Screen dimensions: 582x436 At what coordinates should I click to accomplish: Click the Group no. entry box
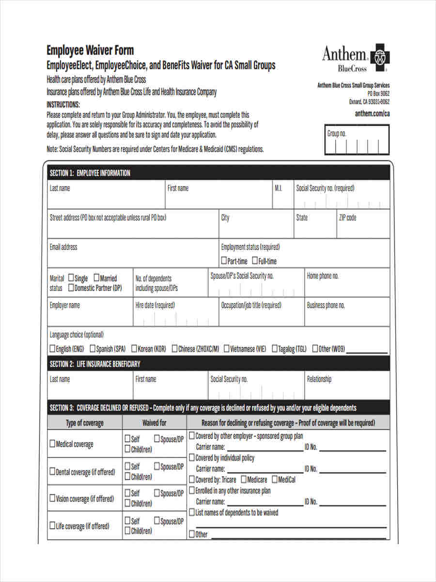tap(357, 140)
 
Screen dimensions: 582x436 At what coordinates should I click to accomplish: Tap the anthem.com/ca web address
tap(372, 113)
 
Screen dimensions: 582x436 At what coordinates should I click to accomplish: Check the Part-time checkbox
tap(224, 261)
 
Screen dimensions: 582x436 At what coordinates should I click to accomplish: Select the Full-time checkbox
tap(255, 261)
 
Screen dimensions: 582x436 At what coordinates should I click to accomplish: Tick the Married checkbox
tap(96, 278)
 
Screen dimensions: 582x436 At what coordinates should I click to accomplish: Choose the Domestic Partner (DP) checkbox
tap(71, 288)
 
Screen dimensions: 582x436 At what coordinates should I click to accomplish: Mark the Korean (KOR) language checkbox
tap(134, 348)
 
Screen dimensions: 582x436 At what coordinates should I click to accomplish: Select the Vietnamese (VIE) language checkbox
tap(226, 348)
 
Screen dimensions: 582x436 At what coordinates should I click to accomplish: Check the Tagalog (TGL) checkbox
tap(275, 348)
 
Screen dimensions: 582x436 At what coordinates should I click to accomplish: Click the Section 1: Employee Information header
tap(90, 173)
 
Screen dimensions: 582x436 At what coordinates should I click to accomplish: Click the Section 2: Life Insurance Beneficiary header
tap(95, 364)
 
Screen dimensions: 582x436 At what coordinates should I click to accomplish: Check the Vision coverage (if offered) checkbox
tap(52, 498)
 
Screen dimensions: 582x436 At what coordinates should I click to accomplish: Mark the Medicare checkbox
tap(243, 479)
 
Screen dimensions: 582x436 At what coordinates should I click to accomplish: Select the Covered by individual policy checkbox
tap(192, 457)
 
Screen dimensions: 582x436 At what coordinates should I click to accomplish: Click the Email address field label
tap(63, 247)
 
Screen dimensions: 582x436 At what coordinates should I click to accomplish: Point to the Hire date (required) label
tap(155, 305)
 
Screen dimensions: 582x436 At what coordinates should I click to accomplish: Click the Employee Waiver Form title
tap(90, 50)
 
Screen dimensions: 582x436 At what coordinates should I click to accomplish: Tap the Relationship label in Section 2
tap(319, 379)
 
